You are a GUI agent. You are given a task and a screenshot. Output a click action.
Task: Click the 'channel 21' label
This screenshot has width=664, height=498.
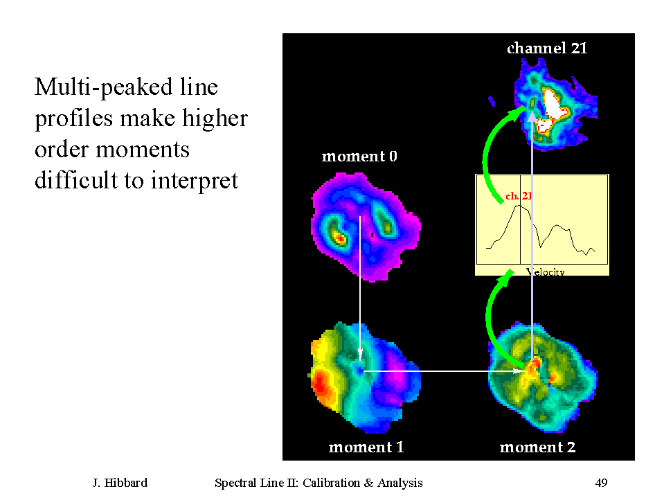tap(547, 48)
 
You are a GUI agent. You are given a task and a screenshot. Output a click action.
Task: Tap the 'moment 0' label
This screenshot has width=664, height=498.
tap(359, 157)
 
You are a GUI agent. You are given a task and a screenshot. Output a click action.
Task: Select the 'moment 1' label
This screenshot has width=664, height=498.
tap(366, 447)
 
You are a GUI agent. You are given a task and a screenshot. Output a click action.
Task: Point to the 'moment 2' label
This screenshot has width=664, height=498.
tap(537, 447)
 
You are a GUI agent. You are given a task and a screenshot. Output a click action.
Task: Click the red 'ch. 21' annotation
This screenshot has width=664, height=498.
tap(519, 196)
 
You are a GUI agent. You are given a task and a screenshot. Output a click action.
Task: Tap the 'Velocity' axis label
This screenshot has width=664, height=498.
tap(546, 272)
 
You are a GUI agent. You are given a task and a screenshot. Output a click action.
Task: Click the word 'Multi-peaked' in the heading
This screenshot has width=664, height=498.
tap(103, 88)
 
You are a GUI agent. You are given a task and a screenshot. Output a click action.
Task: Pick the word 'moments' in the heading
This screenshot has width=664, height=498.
tap(143, 150)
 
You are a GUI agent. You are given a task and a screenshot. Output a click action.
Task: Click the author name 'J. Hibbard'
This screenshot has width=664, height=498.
tap(120, 483)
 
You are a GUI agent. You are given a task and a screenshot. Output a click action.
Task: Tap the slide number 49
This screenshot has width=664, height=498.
tap(601, 483)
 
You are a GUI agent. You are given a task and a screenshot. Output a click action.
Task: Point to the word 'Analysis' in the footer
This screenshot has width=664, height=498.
tap(400, 483)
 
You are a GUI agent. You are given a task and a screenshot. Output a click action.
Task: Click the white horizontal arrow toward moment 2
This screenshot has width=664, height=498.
tap(443, 371)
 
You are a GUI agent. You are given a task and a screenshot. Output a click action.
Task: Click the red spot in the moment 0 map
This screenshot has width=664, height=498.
tap(339, 239)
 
